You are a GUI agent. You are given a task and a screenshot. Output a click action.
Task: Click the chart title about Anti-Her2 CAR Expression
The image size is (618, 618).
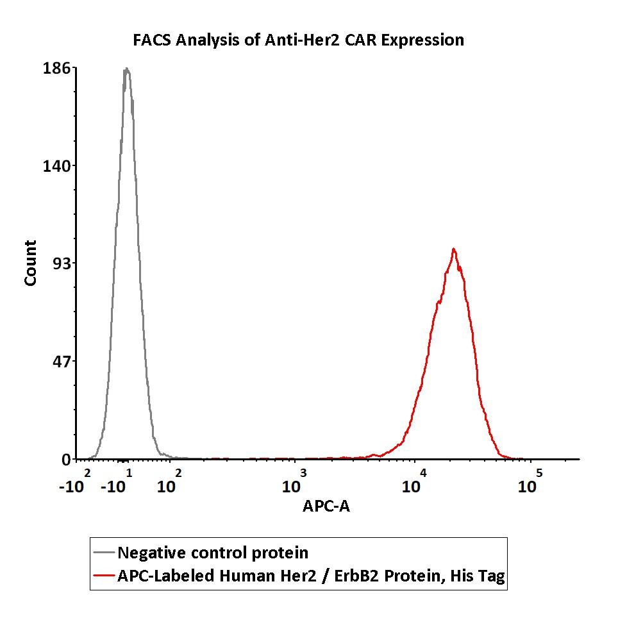pyautogui.click(x=298, y=40)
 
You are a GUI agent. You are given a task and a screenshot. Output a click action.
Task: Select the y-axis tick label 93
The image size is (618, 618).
pyautogui.click(x=62, y=263)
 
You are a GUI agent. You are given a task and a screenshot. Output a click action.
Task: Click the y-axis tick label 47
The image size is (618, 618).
pyautogui.click(x=62, y=361)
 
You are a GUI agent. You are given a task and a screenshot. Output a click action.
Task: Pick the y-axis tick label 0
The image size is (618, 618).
pyautogui.click(x=66, y=460)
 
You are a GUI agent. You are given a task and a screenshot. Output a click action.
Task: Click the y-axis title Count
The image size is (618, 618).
pyautogui.click(x=30, y=263)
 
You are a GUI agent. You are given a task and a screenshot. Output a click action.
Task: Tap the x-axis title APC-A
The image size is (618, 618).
pyautogui.click(x=326, y=506)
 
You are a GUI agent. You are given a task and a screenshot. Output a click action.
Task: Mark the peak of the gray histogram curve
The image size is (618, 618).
pyautogui.click(x=127, y=69)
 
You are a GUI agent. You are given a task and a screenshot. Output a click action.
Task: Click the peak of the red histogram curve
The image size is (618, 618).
pyautogui.click(x=453, y=249)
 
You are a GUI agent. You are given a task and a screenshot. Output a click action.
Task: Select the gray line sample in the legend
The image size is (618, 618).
pyautogui.click(x=104, y=553)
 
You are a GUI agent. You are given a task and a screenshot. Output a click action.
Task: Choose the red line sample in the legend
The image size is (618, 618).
pyautogui.click(x=104, y=576)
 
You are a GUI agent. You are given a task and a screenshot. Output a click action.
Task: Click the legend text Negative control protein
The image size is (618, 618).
pyautogui.click(x=213, y=553)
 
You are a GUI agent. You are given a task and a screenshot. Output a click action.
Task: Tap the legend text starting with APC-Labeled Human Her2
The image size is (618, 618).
pyautogui.click(x=311, y=576)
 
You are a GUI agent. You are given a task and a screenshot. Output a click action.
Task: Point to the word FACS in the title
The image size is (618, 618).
pyautogui.click(x=153, y=40)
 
